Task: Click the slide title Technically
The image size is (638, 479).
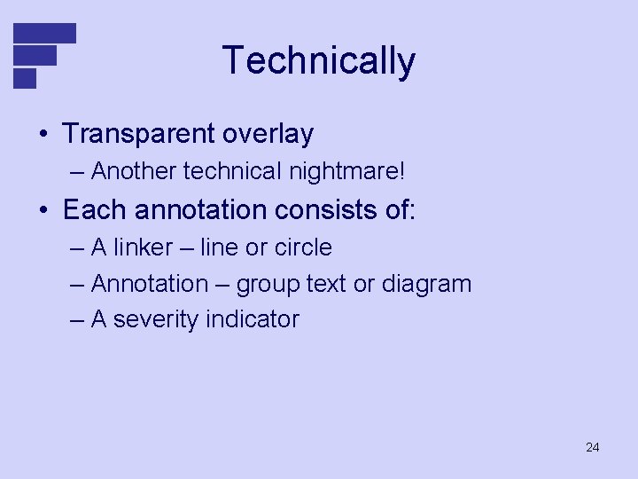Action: click(318, 61)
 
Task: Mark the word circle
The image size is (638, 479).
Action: click(303, 247)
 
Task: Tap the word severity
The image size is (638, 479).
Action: click(155, 319)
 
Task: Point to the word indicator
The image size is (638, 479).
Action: click(253, 319)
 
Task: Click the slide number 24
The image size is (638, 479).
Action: click(592, 447)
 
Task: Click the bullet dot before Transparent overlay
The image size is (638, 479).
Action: click(43, 135)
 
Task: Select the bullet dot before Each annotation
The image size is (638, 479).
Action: click(43, 211)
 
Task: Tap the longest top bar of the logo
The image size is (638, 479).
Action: click(44, 33)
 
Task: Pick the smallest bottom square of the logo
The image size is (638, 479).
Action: click(25, 78)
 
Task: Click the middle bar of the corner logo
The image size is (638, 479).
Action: click(35, 55)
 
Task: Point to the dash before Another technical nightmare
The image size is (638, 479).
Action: click(76, 170)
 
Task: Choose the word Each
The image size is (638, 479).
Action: click(91, 210)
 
